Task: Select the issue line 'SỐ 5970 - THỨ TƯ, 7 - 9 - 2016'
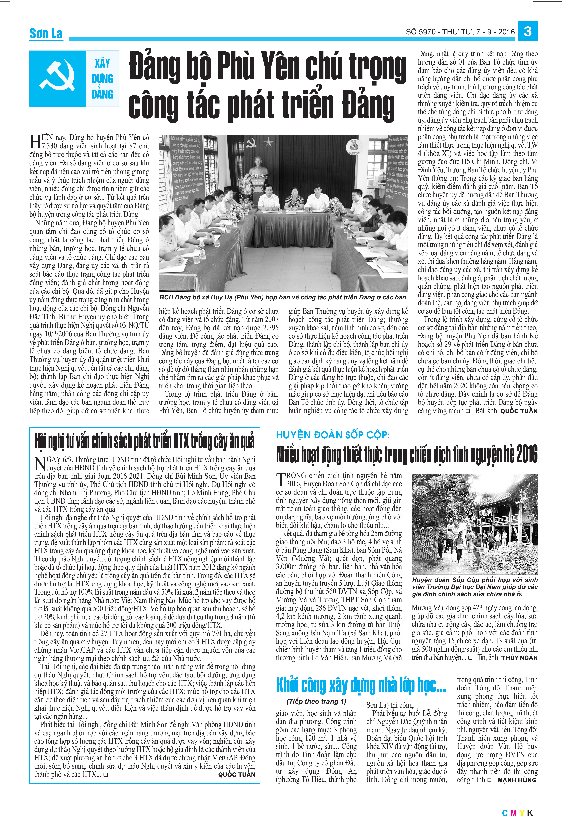pyautogui.click(x=460, y=32)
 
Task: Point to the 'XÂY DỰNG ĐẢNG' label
pyautogui.click(x=102, y=79)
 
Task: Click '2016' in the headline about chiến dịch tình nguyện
pyautogui.click(x=527, y=454)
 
